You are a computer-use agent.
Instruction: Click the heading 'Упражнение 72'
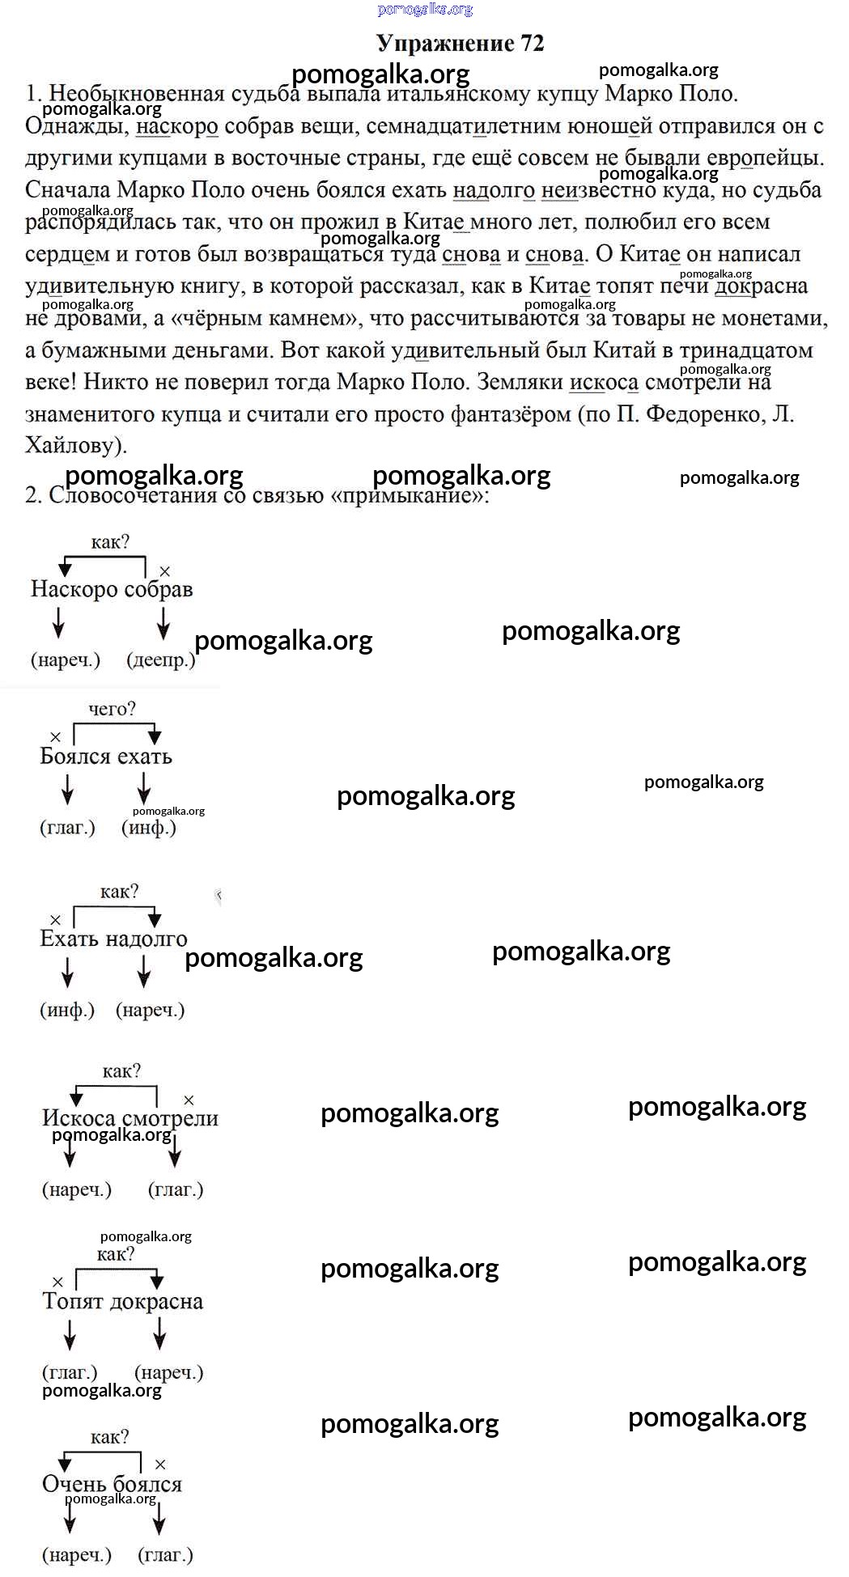click(x=460, y=44)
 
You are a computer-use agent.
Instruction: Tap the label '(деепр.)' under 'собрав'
click(x=161, y=660)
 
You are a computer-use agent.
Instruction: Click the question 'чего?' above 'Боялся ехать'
click(x=112, y=709)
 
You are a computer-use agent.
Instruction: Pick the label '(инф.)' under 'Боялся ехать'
click(x=149, y=828)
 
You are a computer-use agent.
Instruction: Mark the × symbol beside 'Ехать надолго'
click(x=55, y=920)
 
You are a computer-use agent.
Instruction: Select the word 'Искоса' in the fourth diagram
click(x=79, y=1118)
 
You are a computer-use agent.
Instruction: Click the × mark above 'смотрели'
click(x=189, y=1100)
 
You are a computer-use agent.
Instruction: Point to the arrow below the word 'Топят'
click(x=70, y=1334)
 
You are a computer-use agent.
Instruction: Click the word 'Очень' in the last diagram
click(x=74, y=1484)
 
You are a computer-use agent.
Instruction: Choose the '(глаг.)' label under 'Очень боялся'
click(x=166, y=1555)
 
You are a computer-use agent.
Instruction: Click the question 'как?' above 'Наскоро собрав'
click(x=110, y=542)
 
